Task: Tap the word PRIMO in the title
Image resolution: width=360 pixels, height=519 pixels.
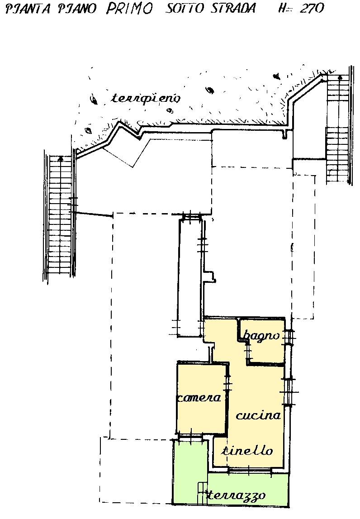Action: [x=129, y=8]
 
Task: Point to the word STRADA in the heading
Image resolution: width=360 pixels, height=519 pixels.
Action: [x=234, y=8]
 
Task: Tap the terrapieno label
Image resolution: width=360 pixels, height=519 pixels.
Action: [x=146, y=99]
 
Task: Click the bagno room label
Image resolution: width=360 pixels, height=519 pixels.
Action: [x=261, y=336]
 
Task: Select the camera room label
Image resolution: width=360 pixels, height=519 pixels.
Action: [x=199, y=397]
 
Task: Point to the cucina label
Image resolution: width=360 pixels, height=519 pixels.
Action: [x=258, y=415]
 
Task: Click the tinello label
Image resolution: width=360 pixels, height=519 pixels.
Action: [x=247, y=450]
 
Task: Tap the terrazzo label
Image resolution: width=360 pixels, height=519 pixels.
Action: [x=236, y=495]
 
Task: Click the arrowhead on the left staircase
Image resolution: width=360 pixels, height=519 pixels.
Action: [x=60, y=158]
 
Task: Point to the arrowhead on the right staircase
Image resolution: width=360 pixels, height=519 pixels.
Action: [x=340, y=77]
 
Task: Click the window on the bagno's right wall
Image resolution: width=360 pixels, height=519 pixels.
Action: [x=290, y=338]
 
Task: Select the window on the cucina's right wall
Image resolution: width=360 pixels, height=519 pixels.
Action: [x=289, y=392]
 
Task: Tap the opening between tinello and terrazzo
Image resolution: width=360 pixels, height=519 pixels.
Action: [x=249, y=470]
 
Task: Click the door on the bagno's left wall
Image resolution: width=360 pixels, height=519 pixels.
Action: [x=247, y=350]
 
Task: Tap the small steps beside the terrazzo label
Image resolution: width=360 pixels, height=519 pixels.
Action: [x=202, y=494]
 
